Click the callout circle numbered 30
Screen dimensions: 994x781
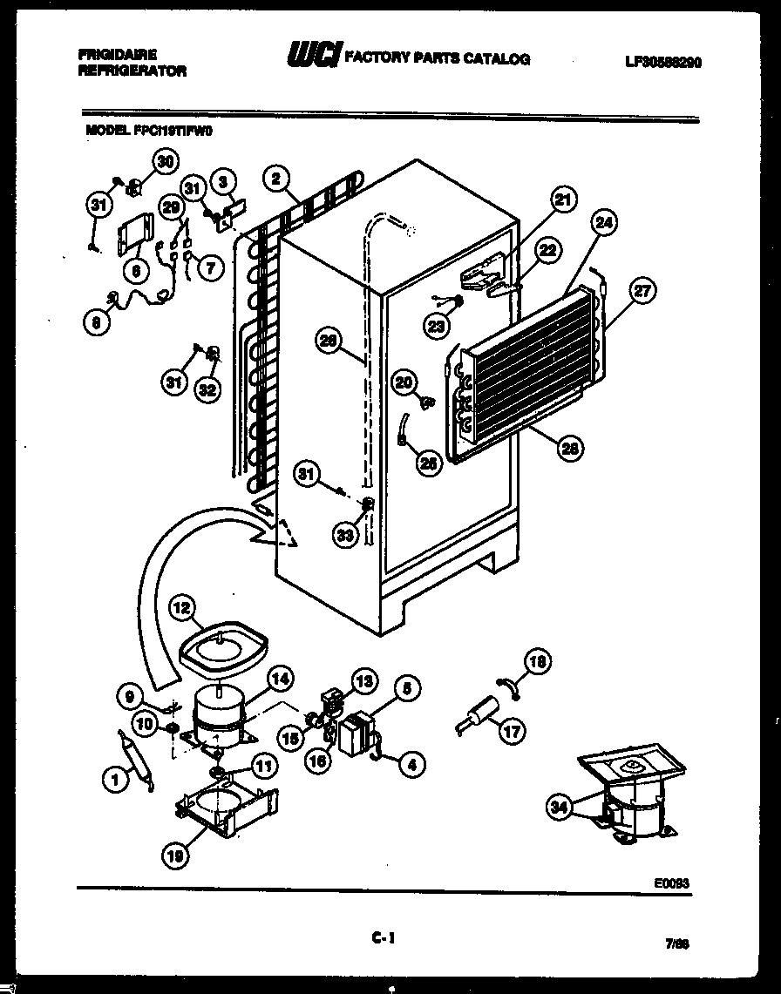coord(164,161)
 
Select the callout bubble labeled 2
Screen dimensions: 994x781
coord(276,179)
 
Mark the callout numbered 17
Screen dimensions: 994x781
coord(512,731)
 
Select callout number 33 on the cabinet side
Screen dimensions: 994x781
coord(345,535)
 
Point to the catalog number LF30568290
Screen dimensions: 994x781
coord(662,62)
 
